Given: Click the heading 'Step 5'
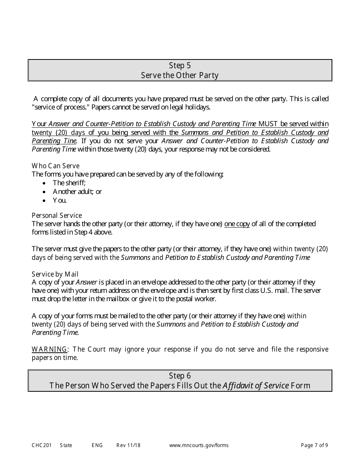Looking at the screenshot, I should (180, 66).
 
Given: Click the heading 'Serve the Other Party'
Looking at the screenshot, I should (180, 75).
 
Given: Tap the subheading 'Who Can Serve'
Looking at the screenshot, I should (55, 166).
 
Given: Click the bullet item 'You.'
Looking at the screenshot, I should (59, 200).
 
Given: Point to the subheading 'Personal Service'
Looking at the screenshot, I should (56, 215).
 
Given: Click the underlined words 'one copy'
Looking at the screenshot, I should (237, 224).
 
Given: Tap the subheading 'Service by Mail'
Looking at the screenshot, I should (55, 274).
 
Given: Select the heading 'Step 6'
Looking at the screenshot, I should (180, 376).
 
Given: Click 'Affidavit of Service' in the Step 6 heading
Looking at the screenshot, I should (255, 386).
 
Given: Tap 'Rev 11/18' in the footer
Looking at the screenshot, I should (128, 445).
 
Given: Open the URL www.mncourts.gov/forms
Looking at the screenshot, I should (199, 445).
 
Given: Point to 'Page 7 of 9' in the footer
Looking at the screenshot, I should (314, 445).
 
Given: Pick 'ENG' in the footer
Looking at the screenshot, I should (97, 445).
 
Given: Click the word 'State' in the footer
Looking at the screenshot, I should (66, 445).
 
